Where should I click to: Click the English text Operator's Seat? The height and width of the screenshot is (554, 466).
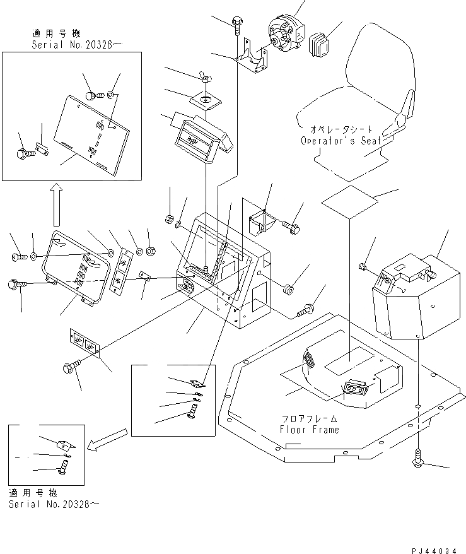[x=341, y=141]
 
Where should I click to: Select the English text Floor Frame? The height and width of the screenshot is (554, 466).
[x=310, y=430]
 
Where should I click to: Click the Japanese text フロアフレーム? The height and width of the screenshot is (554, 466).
[x=309, y=418]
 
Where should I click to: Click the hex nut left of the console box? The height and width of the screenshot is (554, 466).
[x=169, y=220]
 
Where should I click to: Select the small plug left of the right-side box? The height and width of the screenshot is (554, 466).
[x=363, y=267]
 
